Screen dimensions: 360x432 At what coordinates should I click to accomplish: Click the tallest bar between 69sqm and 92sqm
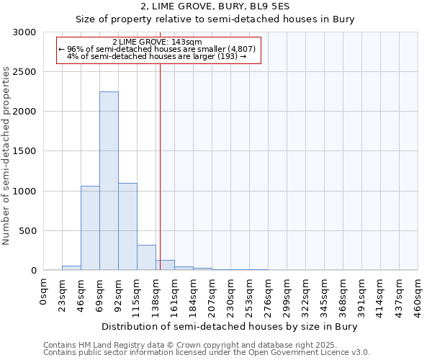coord(109,181)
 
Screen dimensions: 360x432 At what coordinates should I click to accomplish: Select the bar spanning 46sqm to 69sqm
coord(90,228)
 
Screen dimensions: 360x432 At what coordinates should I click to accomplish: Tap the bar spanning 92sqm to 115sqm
coord(127,227)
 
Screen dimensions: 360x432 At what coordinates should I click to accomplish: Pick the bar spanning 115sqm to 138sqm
coord(146,258)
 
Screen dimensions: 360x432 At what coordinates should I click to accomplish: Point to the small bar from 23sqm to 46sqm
coord(71,268)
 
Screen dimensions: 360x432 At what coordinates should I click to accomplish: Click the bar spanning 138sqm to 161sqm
coord(165,266)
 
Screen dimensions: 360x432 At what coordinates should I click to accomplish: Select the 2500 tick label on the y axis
coord(24,72)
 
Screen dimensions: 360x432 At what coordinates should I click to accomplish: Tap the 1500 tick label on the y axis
coord(24,152)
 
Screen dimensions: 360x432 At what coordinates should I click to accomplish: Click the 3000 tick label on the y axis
coord(24,32)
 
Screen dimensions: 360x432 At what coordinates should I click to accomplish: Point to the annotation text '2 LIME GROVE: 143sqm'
coord(157,42)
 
